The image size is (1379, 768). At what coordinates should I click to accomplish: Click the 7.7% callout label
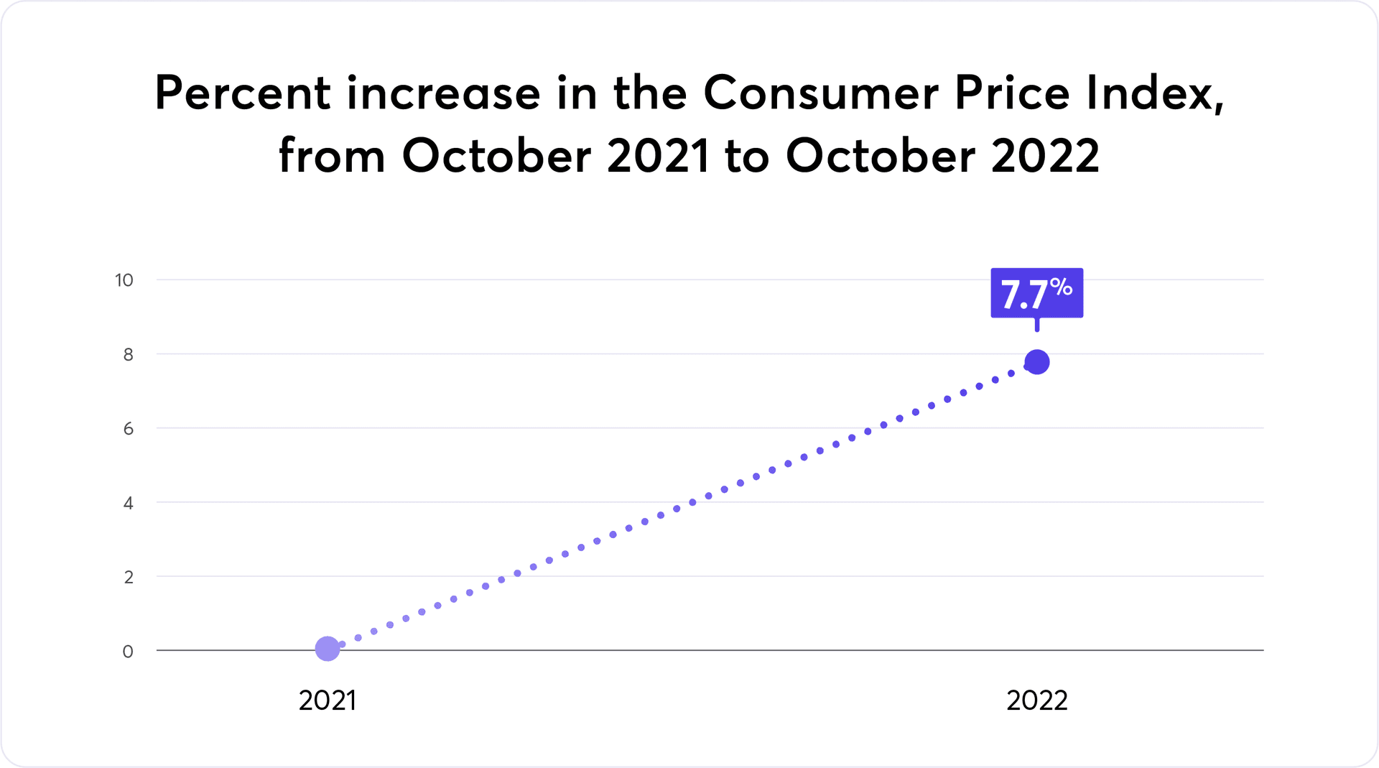[x=1036, y=293]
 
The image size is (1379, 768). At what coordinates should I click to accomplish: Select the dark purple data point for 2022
[x=1036, y=362]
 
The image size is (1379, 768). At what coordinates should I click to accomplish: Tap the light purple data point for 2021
[x=328, y=649]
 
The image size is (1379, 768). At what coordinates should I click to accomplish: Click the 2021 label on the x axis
[x=328, y=700]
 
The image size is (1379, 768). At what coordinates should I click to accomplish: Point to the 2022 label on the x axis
[x=1036, y=700]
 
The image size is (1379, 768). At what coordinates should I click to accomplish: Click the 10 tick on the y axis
[x=124, y=280]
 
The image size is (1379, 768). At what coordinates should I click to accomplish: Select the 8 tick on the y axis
[x=128, y=354]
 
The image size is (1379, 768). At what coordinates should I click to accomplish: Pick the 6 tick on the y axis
[x=128, y=429]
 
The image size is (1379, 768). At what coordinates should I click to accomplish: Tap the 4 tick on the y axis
[x=128, y=503]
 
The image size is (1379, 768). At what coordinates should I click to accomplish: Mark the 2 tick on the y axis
[x=128, y=577]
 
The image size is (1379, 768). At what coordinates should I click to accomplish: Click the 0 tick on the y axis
[x=128, y=652]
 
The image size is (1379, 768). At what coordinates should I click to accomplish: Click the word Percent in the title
[x=243, y=93]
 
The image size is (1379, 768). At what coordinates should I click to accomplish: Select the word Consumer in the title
[x=821, y=93]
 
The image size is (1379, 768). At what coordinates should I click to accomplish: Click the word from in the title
[x=332, y=155]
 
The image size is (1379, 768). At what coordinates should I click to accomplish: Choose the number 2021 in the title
[x=659, y=155]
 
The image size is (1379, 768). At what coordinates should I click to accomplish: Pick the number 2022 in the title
[x=1045, y=155]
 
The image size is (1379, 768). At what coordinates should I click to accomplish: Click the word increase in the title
[x=444, y=93]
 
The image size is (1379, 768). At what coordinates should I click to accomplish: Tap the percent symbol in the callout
[x=1061, y=287]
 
